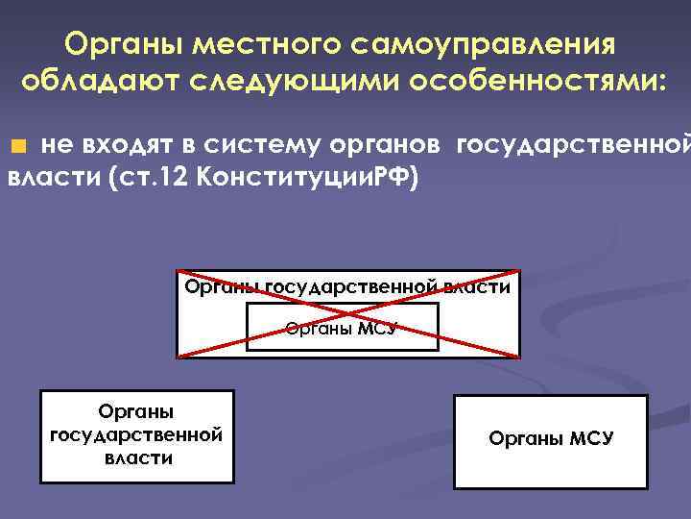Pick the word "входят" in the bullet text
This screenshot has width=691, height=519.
click(129, 145)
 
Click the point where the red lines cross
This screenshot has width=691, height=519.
click(347, 313)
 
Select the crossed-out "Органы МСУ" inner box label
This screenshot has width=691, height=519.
click(342, 328)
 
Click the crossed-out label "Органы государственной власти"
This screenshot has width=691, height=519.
click(347, 285)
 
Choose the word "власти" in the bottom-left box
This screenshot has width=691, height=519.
click(138, 457)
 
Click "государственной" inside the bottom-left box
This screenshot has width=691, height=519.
click(136, 434)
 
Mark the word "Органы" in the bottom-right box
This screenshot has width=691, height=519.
click(525, 439)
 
